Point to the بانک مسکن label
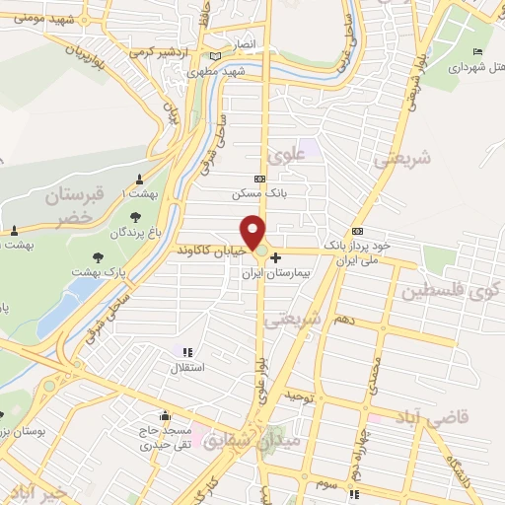259,194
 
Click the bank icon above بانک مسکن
259,180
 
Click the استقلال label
188,368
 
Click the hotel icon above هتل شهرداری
478,52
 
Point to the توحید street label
298,396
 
